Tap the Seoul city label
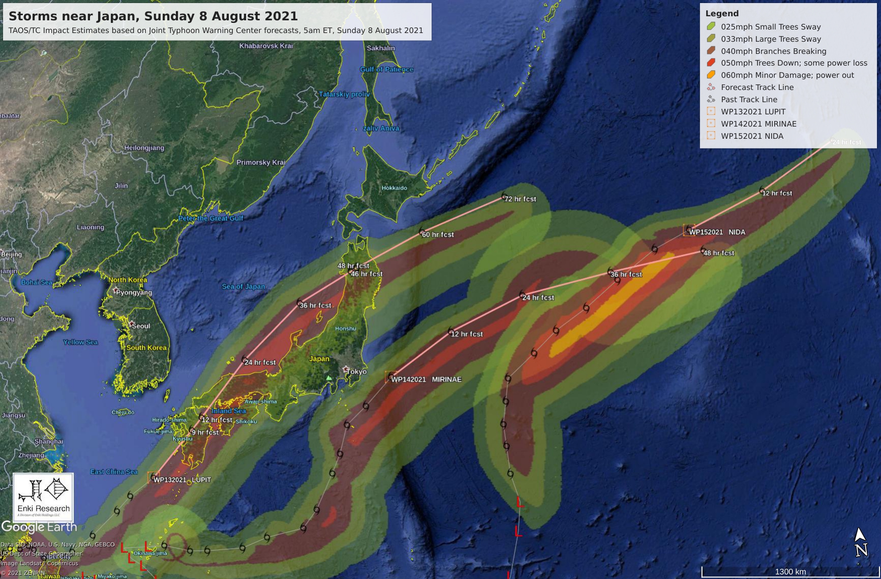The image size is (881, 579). [x=141, y=326]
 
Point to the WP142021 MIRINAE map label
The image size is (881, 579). [x=426, y=380]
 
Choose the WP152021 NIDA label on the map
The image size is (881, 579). [x=717, y=232]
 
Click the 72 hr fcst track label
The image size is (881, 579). [x=520, y=199]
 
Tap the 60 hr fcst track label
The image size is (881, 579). [x=438, y=235]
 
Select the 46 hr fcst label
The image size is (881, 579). [x=367, y=274]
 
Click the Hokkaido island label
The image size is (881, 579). [x=394, y=188]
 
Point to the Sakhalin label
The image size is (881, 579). [x=380, y=48]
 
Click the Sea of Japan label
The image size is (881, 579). [x=243, y=287]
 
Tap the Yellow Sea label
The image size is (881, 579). [x=80, y=342]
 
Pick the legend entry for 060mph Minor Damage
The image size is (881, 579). [x=787, y=75]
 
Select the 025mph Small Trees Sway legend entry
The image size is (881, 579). [x=770, y=27]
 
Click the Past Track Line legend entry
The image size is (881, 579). [x=748, y=100]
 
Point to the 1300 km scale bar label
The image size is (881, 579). [x=790, y=572]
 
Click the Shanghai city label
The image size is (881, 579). [x=49, y=441]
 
